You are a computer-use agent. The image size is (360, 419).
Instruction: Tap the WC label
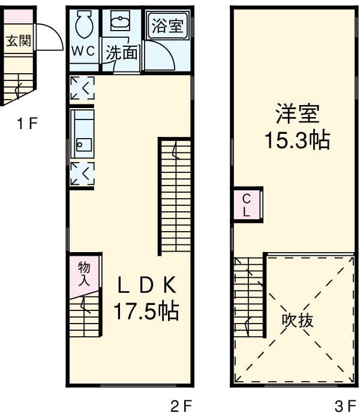[83, 51]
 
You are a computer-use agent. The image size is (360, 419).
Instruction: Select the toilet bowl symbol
[84, 25]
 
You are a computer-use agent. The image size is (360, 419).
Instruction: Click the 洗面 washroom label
[122, 53]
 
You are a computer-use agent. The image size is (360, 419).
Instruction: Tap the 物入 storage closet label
[84, 274]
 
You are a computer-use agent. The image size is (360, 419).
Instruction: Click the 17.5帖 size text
[146, 311]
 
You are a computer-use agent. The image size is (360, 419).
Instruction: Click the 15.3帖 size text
[297, 140]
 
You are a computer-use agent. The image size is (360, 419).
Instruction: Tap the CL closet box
[247, 204]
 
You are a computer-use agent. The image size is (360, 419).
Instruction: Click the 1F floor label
[27, 124]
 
